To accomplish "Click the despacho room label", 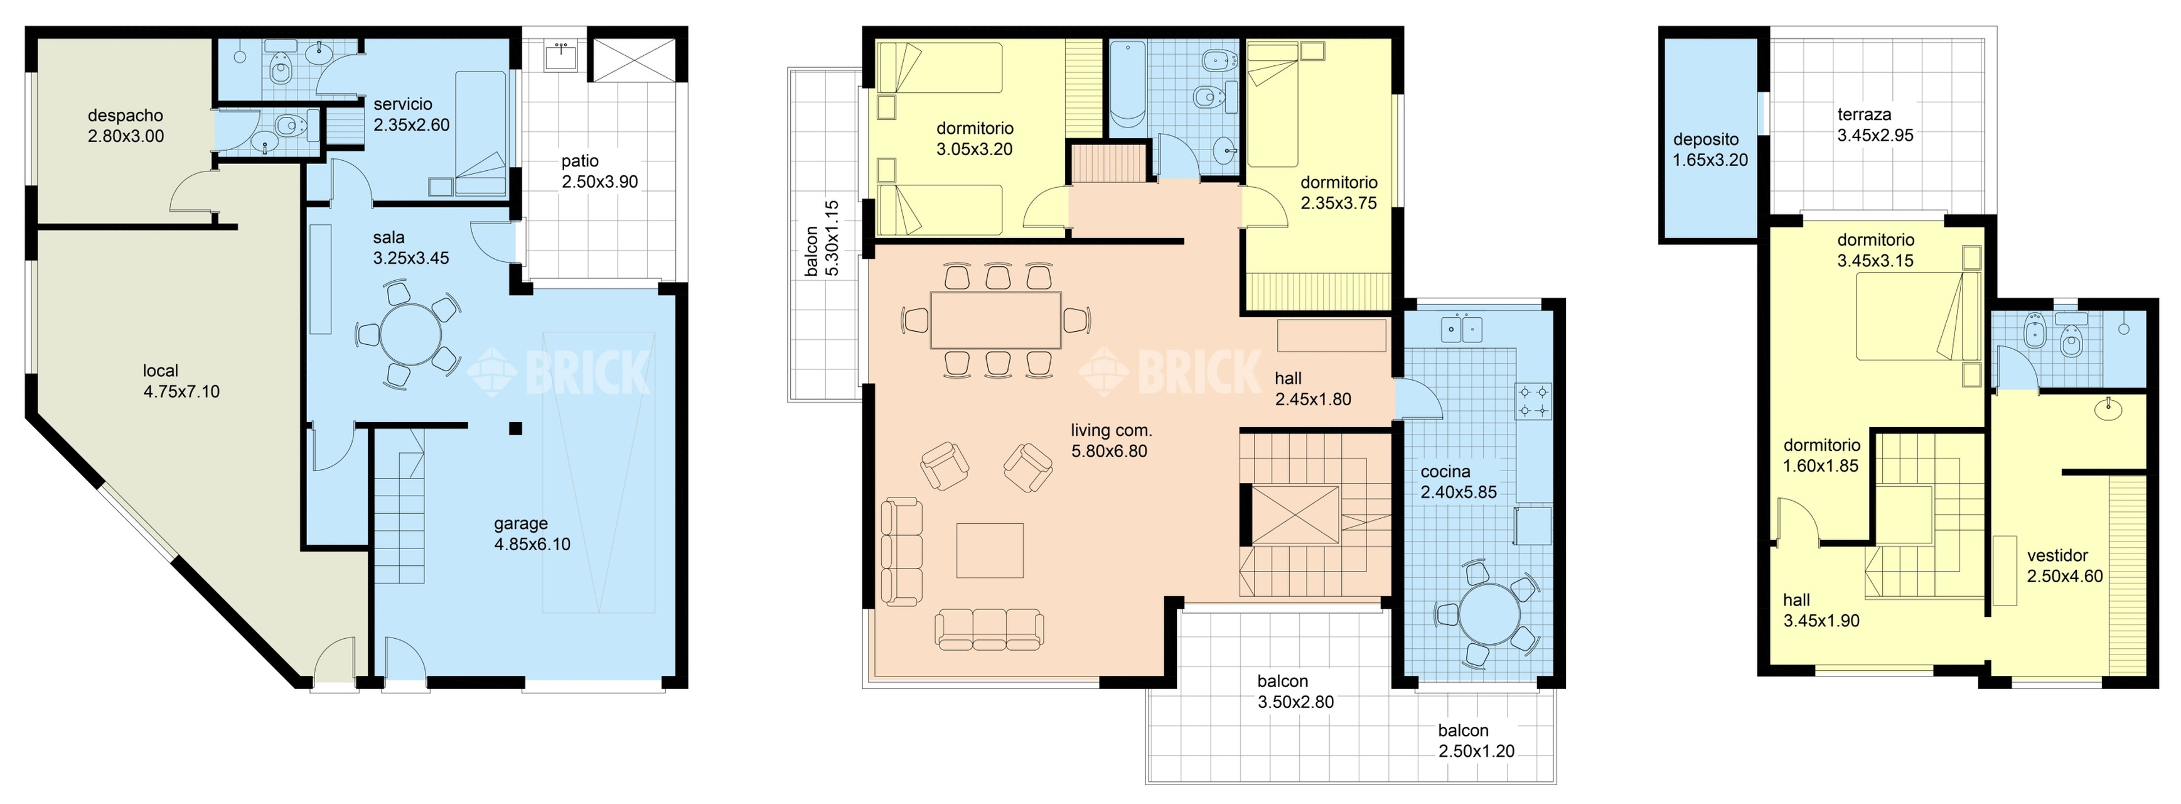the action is click(x=126, y=126).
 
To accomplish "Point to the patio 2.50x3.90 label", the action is click(x=599, y=171).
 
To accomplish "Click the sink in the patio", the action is click(x=560, y=56).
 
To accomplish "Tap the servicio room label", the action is click(x=403, y=104).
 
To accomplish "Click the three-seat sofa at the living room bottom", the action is click(x=989, y=629).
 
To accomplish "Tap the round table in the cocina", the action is click(x=1490, y=614).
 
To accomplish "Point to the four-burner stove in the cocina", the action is click(x=1533, y=401).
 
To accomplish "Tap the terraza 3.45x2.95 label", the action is click(x=1875, y=124).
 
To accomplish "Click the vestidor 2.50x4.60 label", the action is click(x=2065, y=566).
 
